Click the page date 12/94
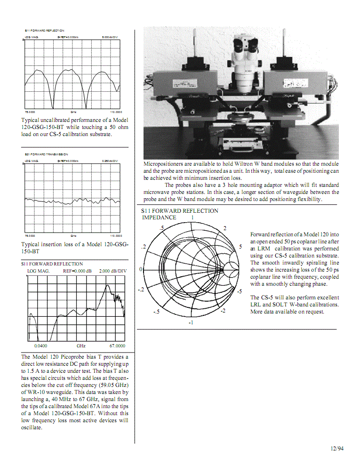click(337, 449)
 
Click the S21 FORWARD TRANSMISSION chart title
click(46, 154)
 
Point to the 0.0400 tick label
click(40, 346)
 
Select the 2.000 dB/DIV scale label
click(113, 271)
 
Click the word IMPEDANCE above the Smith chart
click(159, 218)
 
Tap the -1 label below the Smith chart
click(191, 323)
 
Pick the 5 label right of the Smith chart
click(240, 247)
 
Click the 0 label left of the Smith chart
click(141, 269)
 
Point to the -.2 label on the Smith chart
click(141, 289)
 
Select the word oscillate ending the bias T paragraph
click(32, 428)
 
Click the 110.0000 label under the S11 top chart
click(116, 112)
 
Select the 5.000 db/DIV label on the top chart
click(110, 36)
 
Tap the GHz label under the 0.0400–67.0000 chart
click(80, 346)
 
